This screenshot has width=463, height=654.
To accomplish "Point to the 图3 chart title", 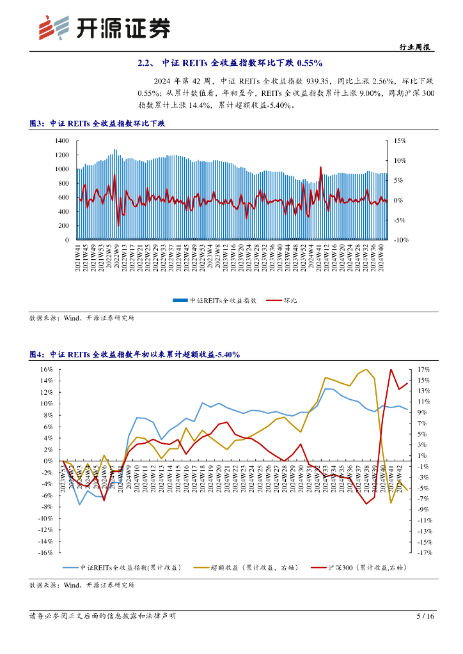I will click(x=97, y=123).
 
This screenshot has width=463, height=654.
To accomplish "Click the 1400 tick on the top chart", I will click(x=62, y=141).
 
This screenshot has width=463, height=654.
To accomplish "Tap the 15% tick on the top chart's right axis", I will click(x=400, y=141).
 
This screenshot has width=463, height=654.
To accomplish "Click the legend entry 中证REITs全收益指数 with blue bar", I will click(x=214, y=300).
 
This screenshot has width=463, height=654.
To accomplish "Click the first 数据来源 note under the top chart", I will click(x=82, y=317).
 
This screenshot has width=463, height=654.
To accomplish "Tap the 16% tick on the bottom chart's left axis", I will click(x=47, y=369).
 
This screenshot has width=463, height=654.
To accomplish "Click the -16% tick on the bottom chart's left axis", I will click(x=45, y=553).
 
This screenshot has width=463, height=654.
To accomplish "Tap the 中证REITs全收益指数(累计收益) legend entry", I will click(x=131, y=567).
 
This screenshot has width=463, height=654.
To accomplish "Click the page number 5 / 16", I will click(x=425, y=616).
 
